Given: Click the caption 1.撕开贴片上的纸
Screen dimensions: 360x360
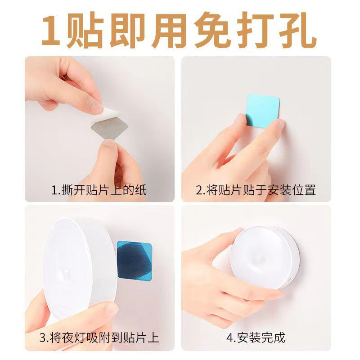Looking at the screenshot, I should pos(99,189).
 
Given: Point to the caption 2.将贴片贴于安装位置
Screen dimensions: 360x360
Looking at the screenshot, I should pos(256,189).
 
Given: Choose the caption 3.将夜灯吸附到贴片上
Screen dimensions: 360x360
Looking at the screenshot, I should pos(99,337).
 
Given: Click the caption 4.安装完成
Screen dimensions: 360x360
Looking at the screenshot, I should pos(256,337).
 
